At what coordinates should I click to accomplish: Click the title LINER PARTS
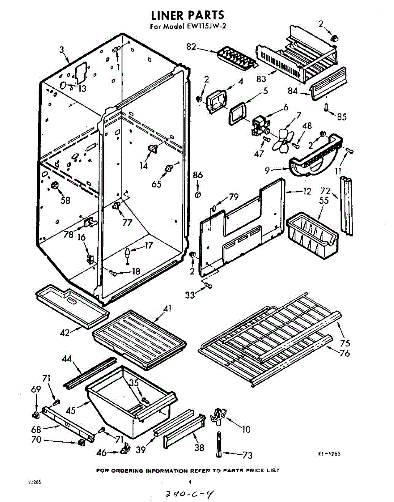(187, 16)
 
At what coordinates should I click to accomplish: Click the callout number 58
(65, 200)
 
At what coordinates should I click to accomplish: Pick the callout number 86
(198, 176)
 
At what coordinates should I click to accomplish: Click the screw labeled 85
(326, 108)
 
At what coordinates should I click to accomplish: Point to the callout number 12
(307, 192)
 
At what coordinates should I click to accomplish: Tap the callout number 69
(36, 390)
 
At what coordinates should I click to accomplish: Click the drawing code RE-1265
(329, 453)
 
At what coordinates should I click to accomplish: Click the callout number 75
(345, 343)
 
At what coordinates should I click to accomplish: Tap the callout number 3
(61, 50)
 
